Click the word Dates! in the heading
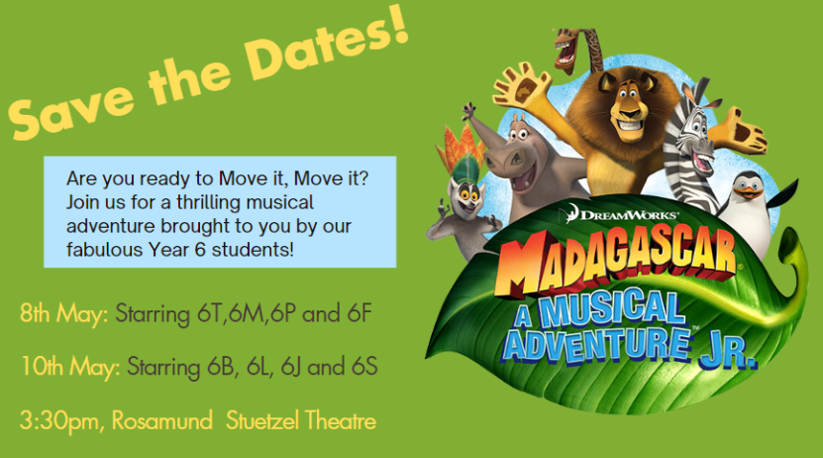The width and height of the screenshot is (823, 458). (327, 48)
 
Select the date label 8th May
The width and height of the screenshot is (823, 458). (64, 314)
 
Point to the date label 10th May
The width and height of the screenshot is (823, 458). (70, 367)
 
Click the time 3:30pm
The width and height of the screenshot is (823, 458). (57, 421)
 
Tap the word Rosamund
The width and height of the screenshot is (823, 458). (161, 420)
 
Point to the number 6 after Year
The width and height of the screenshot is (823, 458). (199, 250)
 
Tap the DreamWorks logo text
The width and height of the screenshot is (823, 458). (624, 214)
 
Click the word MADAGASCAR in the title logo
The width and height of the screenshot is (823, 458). (615, 261)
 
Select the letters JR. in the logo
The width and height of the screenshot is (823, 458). (729, 353)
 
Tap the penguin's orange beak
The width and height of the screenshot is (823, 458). (748, 193)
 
